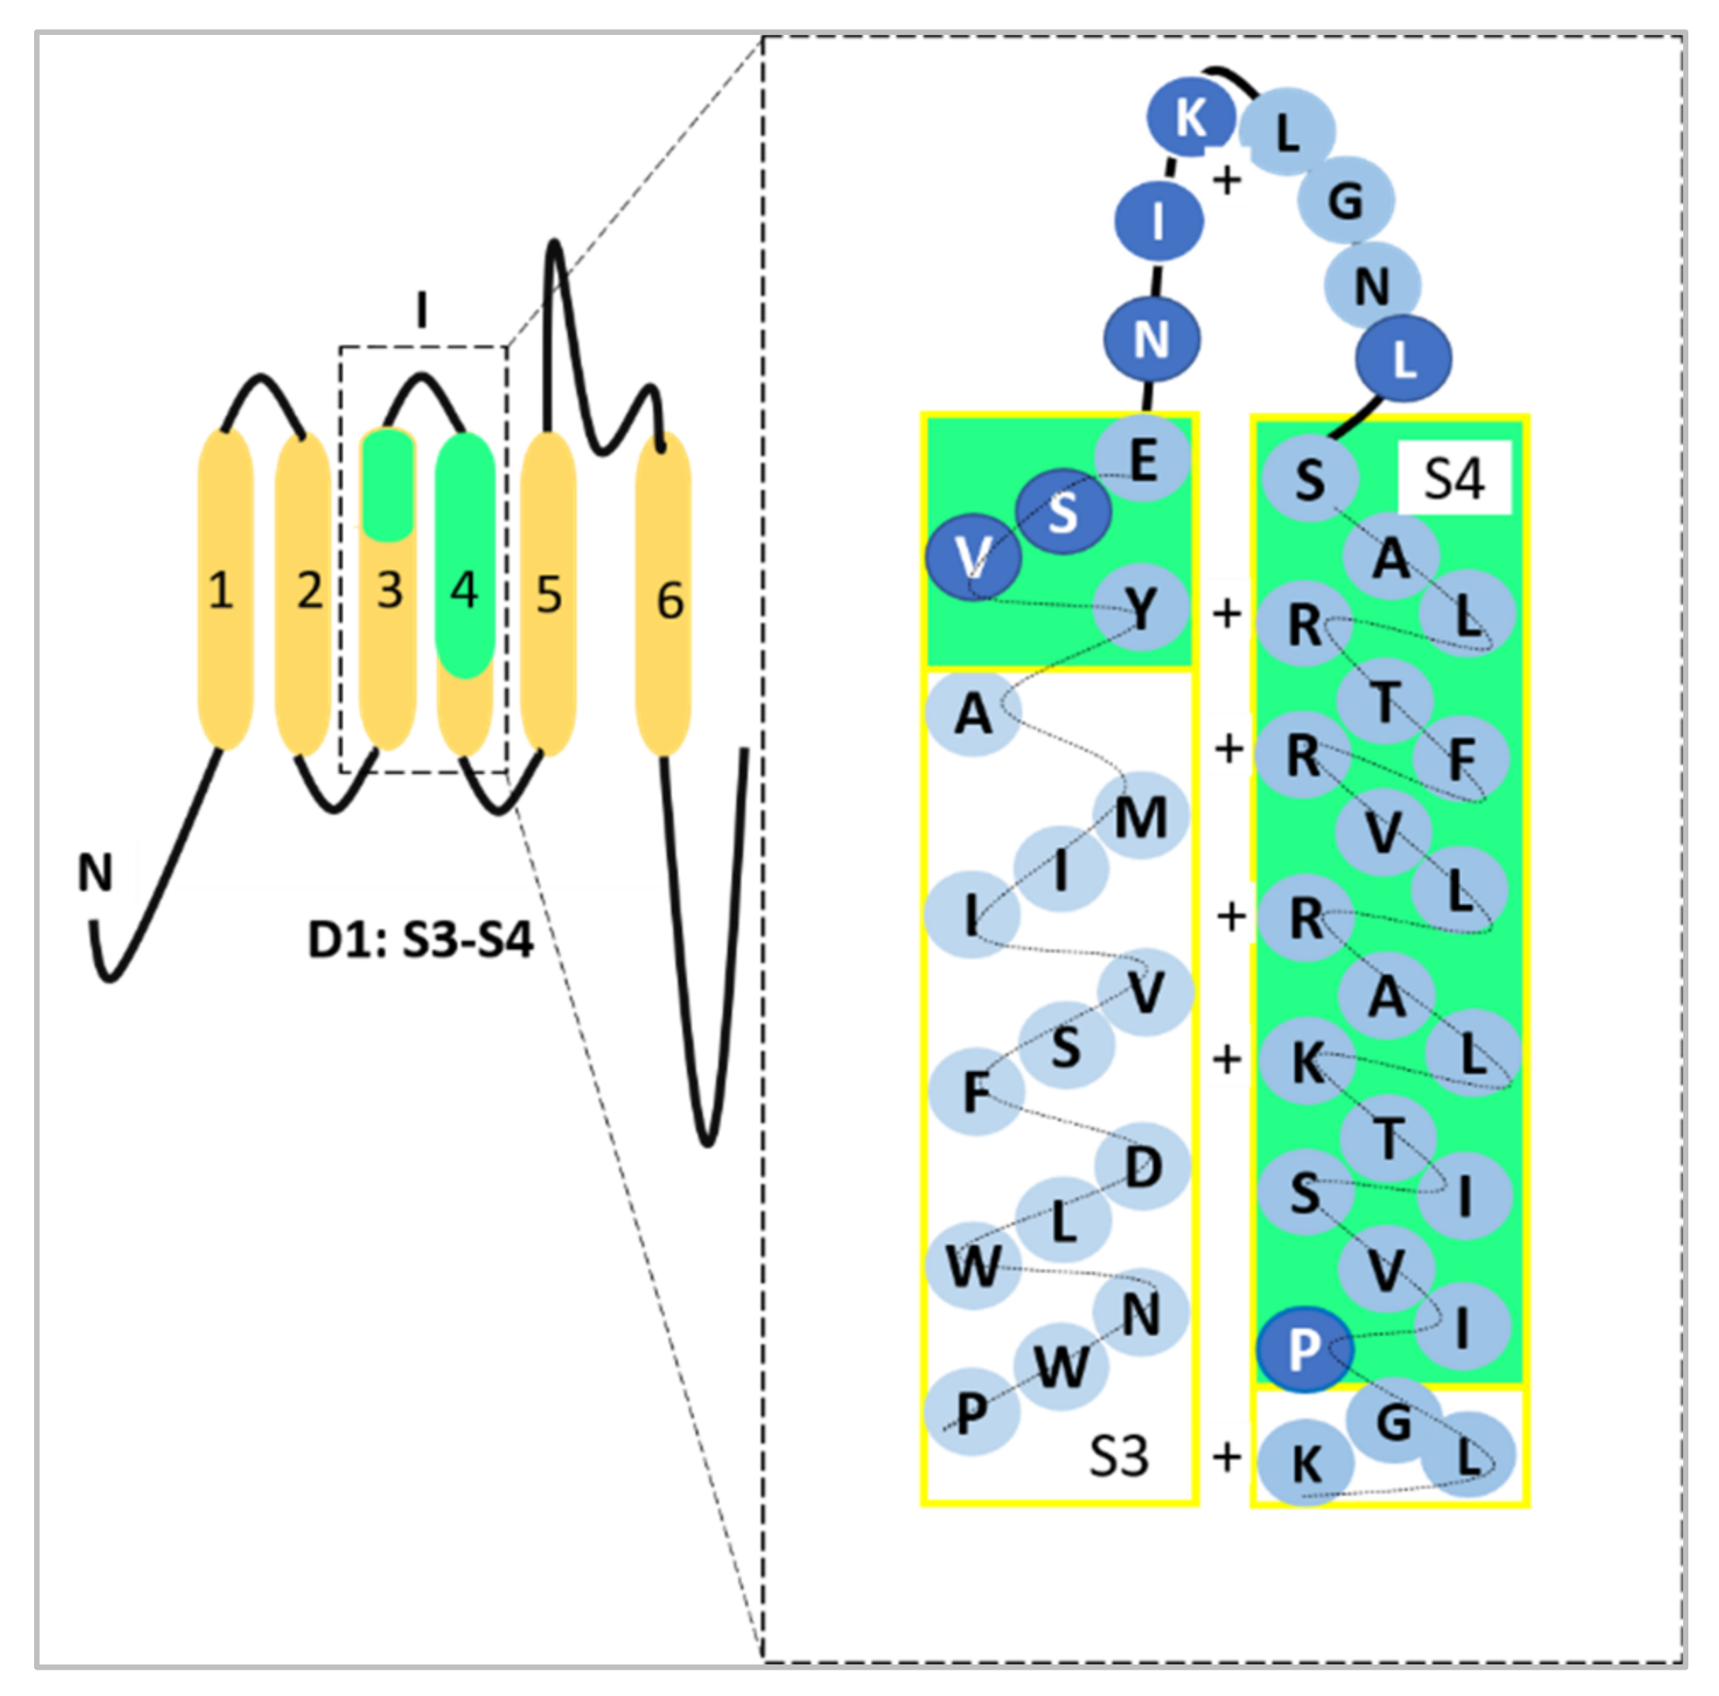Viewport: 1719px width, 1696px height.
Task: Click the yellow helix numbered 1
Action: tap(224, 591)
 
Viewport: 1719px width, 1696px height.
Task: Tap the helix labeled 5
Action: tap(547, 594)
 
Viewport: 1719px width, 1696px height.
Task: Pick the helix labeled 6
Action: tap(663, 598)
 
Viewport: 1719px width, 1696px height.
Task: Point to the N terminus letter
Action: tap(95, 873)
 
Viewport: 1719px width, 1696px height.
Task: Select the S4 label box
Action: tap(1454, 478)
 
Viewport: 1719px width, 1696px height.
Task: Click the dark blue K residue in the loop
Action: tap(1190, 117)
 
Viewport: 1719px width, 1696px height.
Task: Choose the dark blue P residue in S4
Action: tap(1304, 1349)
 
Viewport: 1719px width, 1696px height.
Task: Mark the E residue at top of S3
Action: tap(1143, 460)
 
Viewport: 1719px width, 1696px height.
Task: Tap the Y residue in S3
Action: tap(1141, 610)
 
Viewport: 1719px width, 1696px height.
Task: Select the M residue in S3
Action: tap(1141, 816)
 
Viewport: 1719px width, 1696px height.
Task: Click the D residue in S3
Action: tap(1143, 1166)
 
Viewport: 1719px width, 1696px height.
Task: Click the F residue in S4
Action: tap(1462, 759)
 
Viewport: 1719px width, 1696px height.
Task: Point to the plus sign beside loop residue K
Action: tap(1227, 180)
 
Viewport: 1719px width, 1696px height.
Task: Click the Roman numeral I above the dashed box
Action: tap(421, 311)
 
